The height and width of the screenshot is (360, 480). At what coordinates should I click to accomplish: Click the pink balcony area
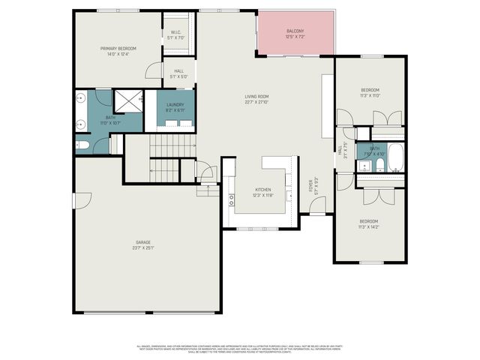click(x=295, y=34)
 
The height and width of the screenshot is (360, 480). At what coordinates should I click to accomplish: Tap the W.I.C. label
click(x=175, y=32)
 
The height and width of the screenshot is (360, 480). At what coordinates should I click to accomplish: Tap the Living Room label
click(x=256, y=96)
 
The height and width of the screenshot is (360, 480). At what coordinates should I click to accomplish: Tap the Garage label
click(x=144, y=242)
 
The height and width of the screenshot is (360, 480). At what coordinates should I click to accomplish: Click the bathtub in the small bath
click(x=395, y=159)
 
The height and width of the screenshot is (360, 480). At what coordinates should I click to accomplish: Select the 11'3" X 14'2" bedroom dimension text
click(x=368, y=226)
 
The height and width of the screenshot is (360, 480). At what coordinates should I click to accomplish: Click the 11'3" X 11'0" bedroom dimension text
click(x=370, y=95)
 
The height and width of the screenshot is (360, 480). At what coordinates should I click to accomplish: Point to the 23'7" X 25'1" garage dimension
click(x=144, y=247)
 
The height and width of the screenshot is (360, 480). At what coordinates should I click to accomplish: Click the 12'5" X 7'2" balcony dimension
click(x=295, y=36)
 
